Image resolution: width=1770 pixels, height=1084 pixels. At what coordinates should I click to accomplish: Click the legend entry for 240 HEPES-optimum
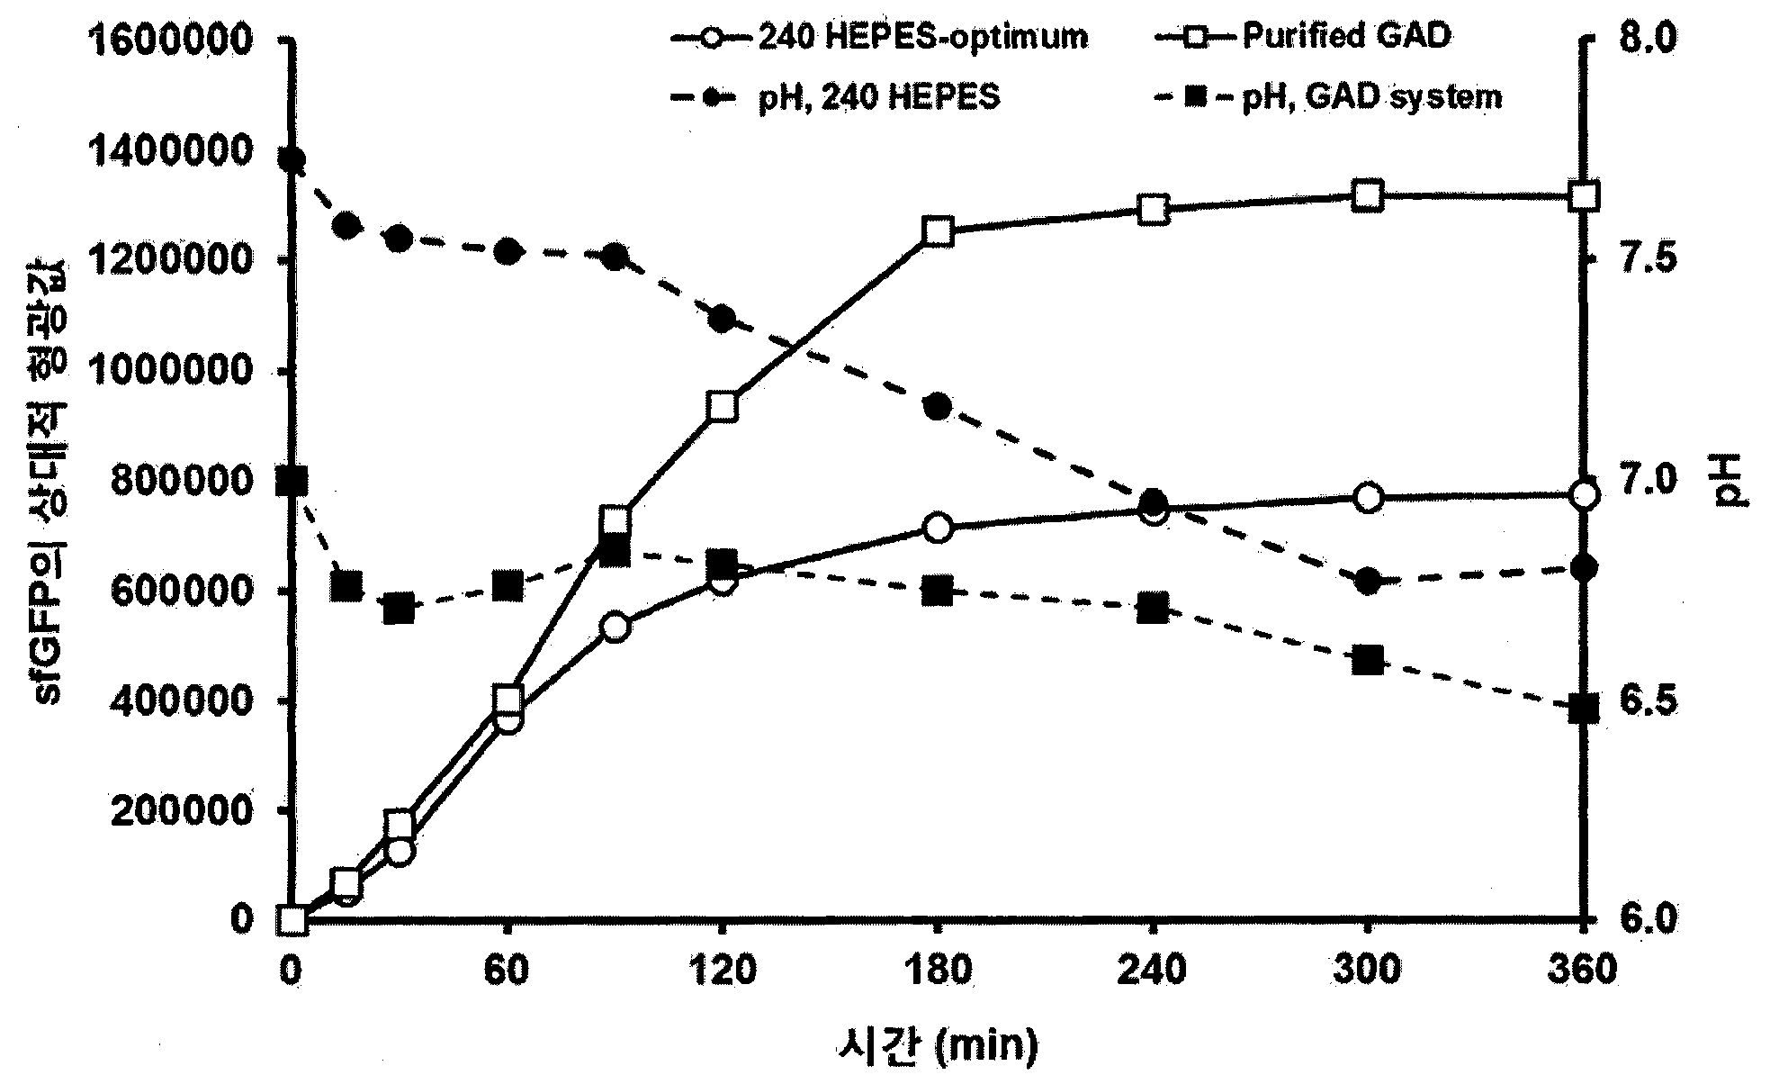878,37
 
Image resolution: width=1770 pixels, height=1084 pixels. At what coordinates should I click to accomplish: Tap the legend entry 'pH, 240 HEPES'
835,96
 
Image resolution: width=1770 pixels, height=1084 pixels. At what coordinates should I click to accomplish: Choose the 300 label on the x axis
1368,971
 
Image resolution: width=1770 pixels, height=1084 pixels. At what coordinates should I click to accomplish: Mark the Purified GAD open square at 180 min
938,231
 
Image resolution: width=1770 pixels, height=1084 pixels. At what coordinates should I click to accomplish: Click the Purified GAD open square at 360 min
1584,196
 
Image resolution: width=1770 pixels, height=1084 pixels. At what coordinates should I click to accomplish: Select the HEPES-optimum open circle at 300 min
1368,498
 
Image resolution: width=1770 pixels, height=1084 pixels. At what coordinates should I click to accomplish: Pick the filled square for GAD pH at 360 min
1584,709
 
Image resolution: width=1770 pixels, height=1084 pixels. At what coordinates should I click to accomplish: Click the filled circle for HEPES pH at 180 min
938,407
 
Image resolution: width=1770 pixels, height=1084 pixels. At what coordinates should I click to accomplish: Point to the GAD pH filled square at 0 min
292,481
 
